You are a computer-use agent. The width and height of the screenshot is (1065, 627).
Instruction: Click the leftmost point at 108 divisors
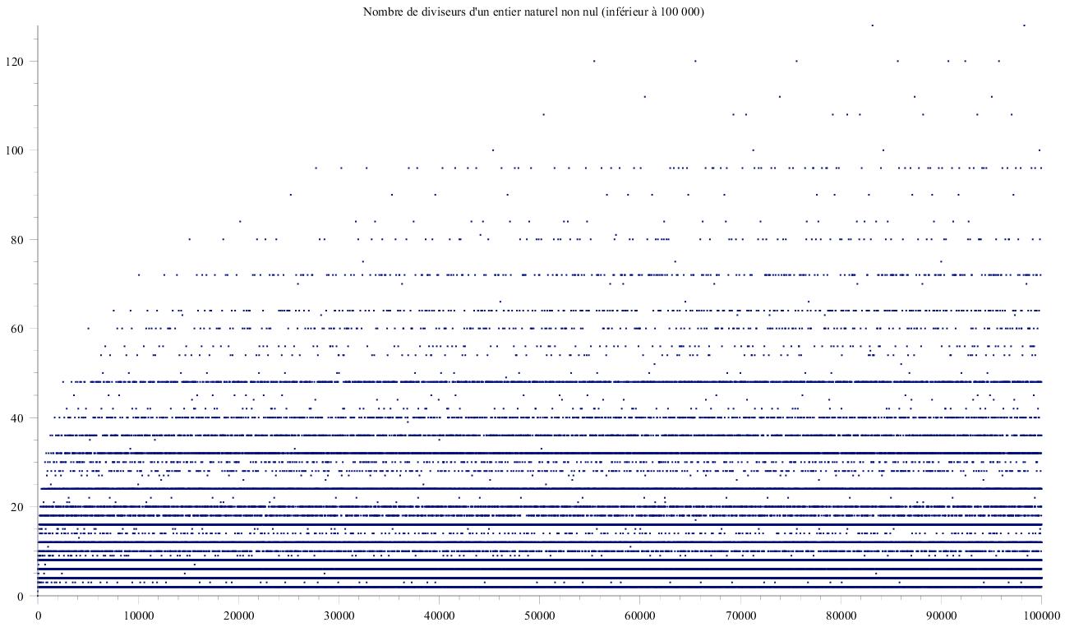click(x=543, y=114)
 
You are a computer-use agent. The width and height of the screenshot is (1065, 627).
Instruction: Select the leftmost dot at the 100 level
click(x=492, y=150)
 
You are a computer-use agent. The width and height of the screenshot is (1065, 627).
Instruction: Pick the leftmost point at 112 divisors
click(x=644, y=96)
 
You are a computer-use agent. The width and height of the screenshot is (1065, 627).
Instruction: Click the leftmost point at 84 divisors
click(x=240, y=221)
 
